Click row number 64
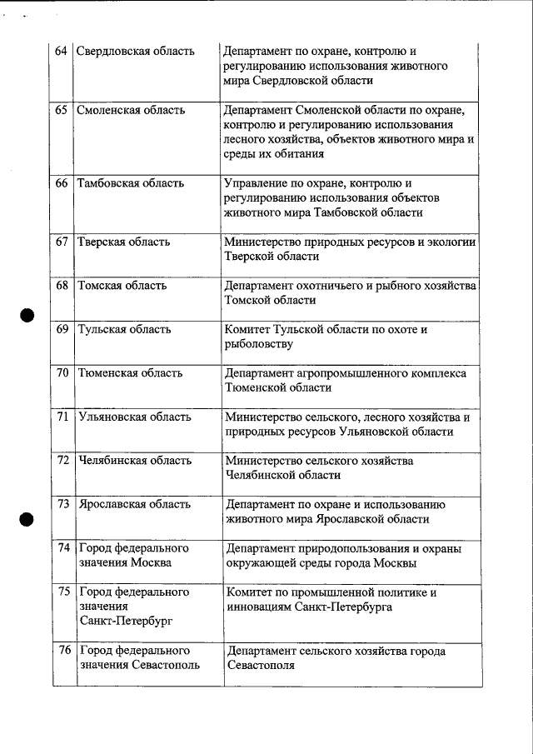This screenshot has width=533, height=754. click(x=61, y=51)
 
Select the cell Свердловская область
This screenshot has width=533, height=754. click(x=135, y=51)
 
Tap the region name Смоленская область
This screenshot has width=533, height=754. click(x=130, y=110)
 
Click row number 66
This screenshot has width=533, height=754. click(x=62, y=182)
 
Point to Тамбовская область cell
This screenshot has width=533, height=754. click(x=129, y=182)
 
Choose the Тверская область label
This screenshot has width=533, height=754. click(x=123, y=242)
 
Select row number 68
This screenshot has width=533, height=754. click(x=62, y=285)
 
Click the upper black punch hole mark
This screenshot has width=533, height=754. click(x=27, y=315)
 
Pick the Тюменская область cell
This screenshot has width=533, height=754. click(x=130, y=372)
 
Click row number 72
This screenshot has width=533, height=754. click(x=62, y=460)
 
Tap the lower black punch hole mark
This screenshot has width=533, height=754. click(x=27, y=517)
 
